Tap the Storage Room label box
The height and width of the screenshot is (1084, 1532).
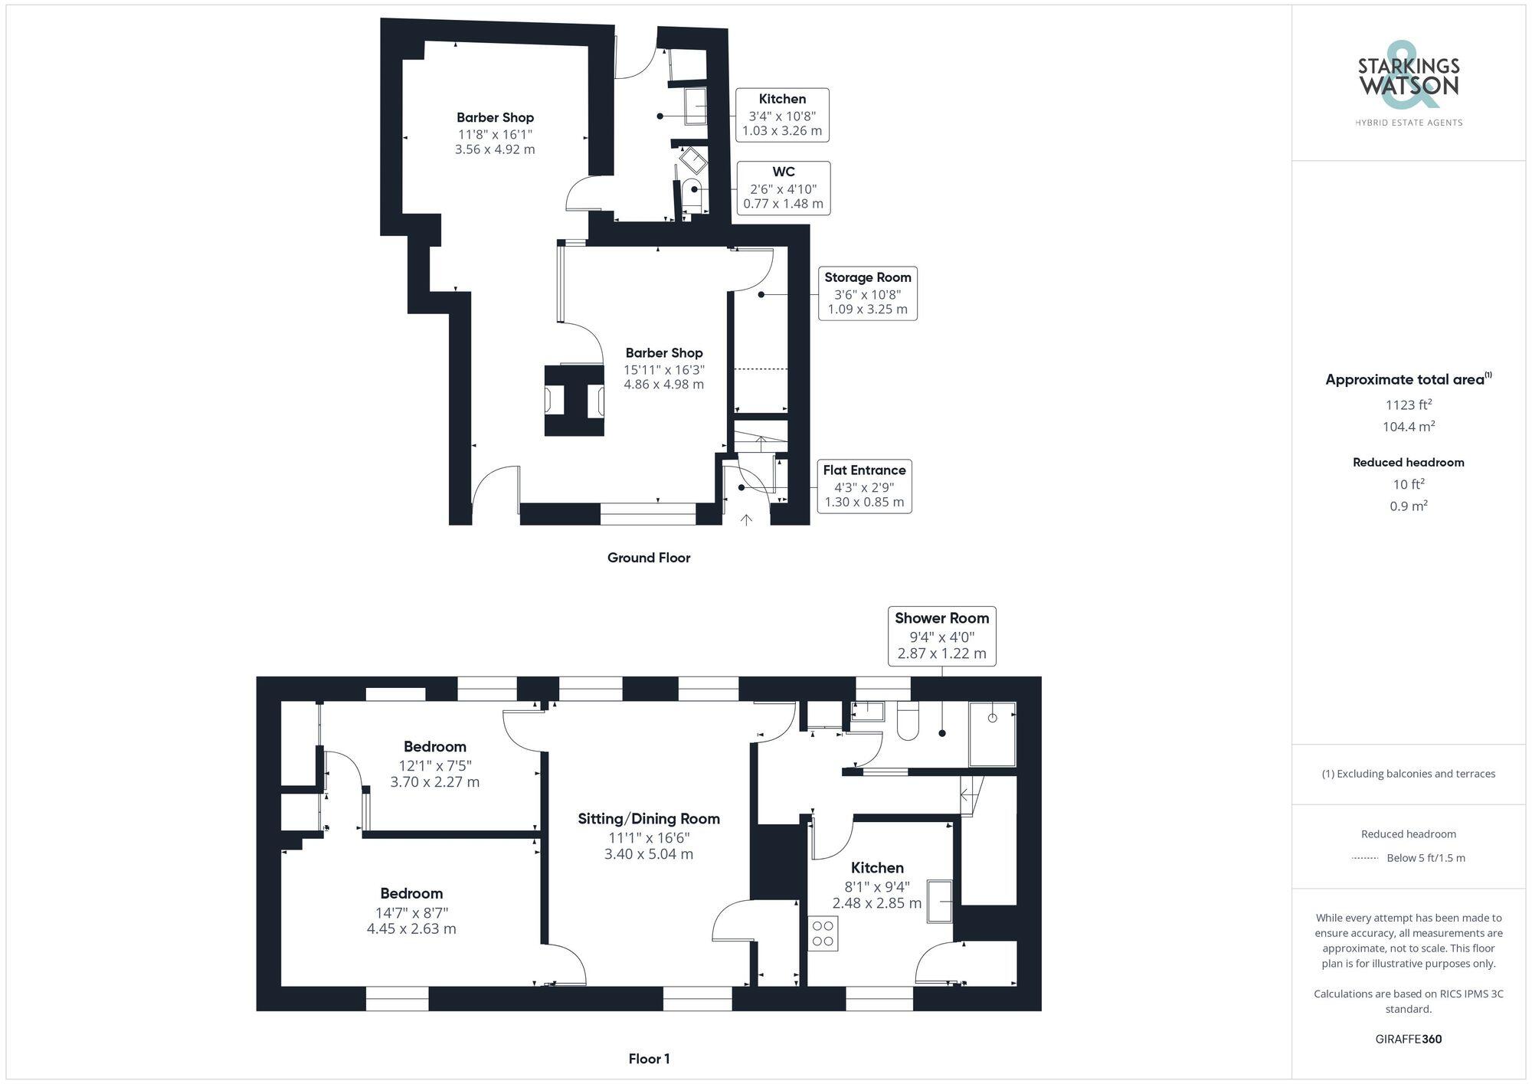[867, 293]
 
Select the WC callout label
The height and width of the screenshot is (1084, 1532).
[783, 188]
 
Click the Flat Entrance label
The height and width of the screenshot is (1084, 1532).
[864, 486]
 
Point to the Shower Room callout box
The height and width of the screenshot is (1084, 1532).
[941, 635]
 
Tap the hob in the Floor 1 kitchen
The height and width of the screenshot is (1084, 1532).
[823, 934]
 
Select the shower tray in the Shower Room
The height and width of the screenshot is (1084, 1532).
[992, 733]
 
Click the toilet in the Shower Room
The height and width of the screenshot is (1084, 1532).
[908, 722]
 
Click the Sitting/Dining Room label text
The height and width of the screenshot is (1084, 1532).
[649, 818]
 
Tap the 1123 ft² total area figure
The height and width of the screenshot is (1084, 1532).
[1408, 404]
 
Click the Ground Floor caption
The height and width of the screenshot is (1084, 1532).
[649, 558]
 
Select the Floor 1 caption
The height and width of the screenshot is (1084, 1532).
[649, 1059]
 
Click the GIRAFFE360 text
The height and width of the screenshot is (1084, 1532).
[1408, 1039]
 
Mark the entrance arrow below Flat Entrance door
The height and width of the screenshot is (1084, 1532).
[746, 520]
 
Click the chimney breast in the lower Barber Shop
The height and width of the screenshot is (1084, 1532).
[574, 401]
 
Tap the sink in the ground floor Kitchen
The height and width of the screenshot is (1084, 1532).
[696, 105]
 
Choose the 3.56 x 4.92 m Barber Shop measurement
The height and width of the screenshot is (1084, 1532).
[495, 149]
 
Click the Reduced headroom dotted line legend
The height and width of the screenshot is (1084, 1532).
[1366, 858]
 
